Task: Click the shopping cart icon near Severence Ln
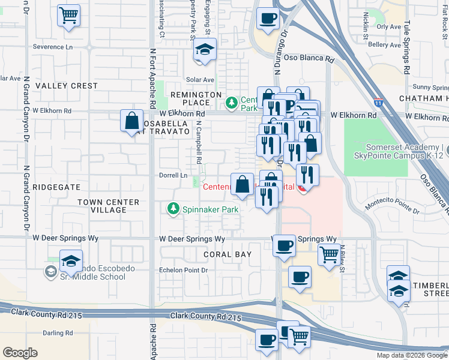(x=69, y=15)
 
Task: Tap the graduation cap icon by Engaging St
(x=205, y=50)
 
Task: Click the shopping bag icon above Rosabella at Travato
(x=131, y=121)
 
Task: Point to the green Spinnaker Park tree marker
(x=173, y=209)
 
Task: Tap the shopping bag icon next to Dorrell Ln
(x=242, y=184)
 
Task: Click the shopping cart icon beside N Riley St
(x=328, y=254)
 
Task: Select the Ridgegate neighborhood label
(x=56, y=187)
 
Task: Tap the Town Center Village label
(x=109, y=206)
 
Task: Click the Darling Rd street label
(x=58, y=332)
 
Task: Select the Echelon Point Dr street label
(x=183, y=270)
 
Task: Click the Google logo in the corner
(x=20, y=353)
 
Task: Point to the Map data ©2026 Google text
(x=411, y=355)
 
